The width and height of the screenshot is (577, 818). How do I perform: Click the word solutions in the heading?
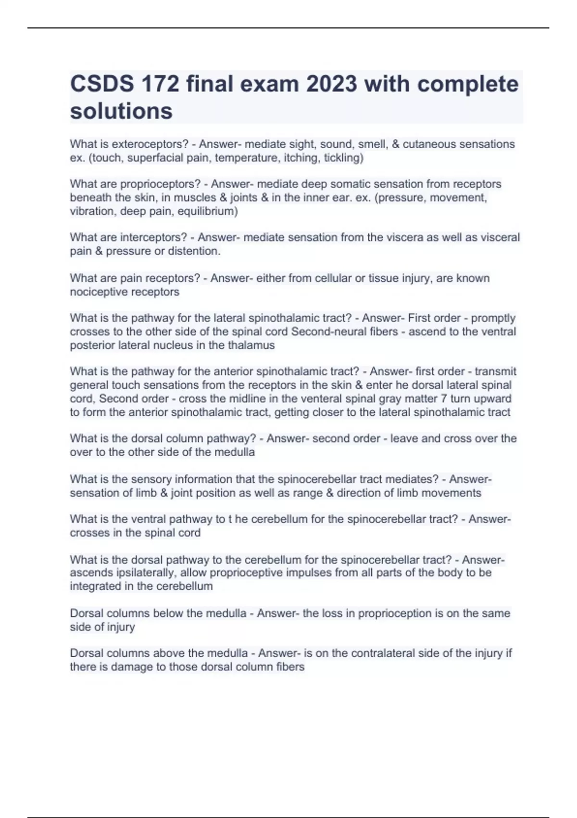click(121, 111)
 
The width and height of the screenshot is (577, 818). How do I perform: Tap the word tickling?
click(342, 158)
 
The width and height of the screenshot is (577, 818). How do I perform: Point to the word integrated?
click(95, 587)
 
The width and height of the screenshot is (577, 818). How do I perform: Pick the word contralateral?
click(375, 653)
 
